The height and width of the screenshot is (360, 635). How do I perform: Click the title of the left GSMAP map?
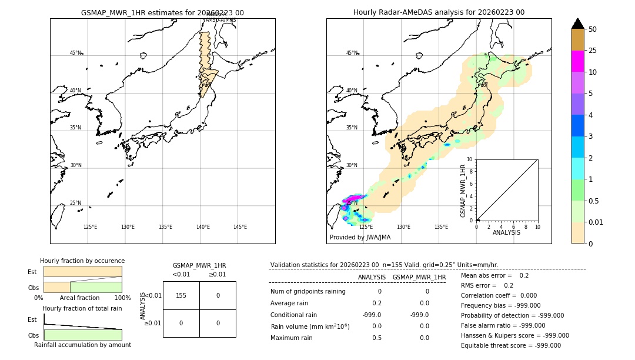162,12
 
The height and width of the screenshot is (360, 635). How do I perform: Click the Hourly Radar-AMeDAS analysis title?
439,12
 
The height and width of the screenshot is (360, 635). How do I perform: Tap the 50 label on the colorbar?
593,29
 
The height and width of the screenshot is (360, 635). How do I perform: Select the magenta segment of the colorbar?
577,61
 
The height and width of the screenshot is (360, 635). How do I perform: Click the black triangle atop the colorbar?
577,24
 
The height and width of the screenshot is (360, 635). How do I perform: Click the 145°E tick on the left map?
240,227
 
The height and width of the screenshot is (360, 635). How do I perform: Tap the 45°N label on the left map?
75,53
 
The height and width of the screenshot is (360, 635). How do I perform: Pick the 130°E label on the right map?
403,227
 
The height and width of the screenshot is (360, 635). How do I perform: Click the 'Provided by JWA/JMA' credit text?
360,238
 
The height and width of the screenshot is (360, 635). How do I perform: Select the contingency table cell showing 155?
181,295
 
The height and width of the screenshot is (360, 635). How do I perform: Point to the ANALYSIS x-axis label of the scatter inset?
506,233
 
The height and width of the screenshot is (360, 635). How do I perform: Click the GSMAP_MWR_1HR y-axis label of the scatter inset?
463,191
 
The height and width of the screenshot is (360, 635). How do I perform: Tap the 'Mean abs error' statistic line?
494,275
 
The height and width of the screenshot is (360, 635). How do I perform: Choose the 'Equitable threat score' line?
502,345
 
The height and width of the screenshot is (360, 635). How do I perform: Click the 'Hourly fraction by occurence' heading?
82,261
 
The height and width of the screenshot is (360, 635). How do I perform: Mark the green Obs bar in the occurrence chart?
96,287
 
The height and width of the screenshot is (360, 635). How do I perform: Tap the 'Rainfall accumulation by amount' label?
82,345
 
